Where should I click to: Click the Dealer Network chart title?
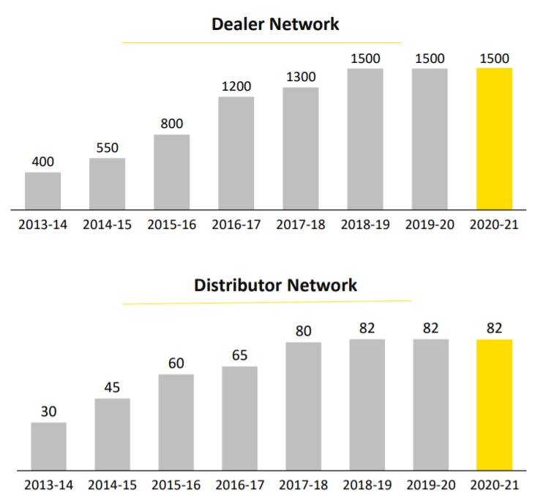pos(275,23)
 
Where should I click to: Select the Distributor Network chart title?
pos(275,284)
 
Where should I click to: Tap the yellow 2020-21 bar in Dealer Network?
pos(494,139)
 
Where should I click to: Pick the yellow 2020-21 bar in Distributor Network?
pos(494,404)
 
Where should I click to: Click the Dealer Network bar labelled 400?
pos(43,192)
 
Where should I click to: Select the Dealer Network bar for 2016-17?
pos(236,154)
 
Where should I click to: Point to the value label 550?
pos(108,148)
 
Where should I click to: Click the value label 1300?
pos(300,77)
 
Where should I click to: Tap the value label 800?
pos(172,124)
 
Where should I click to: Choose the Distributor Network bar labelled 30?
pos(48,446)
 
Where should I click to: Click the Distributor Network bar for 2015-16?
pos(176,422)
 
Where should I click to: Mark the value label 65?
pos(239,355)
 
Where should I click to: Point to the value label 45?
pos(112,387)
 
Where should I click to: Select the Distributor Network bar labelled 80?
pos(304,406)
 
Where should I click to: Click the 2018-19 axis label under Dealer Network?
pos(365,224)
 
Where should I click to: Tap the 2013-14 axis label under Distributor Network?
pos(48,485)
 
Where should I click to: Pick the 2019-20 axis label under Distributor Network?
pos(430,485)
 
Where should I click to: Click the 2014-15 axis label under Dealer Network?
pos(108,224)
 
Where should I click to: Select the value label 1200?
pos(236,86)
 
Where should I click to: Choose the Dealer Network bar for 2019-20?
pos(430,139)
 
